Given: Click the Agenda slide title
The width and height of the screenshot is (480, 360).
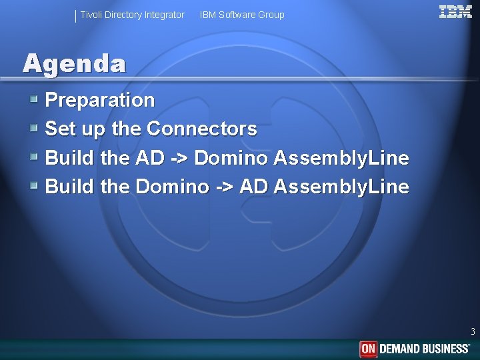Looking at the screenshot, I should click(74, 63).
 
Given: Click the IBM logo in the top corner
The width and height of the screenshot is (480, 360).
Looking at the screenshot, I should click(455, 13).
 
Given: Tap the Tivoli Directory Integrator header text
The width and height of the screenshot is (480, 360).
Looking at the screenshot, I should click(132, 15).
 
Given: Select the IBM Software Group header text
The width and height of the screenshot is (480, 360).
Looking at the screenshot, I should click(242, 15).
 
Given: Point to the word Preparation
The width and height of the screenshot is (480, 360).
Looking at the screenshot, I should click(99, 101).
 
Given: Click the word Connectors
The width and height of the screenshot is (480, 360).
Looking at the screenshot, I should click(201, 129).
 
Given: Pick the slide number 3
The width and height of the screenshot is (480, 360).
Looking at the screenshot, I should click(473, 331).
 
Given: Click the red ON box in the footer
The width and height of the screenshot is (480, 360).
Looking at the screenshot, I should click(369, 349).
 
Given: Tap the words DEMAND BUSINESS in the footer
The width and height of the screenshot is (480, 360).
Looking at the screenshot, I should click(425, 349).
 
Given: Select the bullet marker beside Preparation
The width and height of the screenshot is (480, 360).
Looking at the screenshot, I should click(34, 100).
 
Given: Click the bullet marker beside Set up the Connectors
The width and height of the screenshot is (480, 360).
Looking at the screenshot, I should click(34, 128).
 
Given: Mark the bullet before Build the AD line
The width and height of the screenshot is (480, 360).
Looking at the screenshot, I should click(34, 157).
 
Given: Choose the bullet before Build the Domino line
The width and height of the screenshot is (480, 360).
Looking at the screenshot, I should click(34, 186).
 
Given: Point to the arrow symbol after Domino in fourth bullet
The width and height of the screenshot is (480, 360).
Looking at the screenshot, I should click(224, 187).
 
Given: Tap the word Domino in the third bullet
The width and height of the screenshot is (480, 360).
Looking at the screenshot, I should click(231, 158).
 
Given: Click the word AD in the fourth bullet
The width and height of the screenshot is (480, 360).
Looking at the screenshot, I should click(253, 187).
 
